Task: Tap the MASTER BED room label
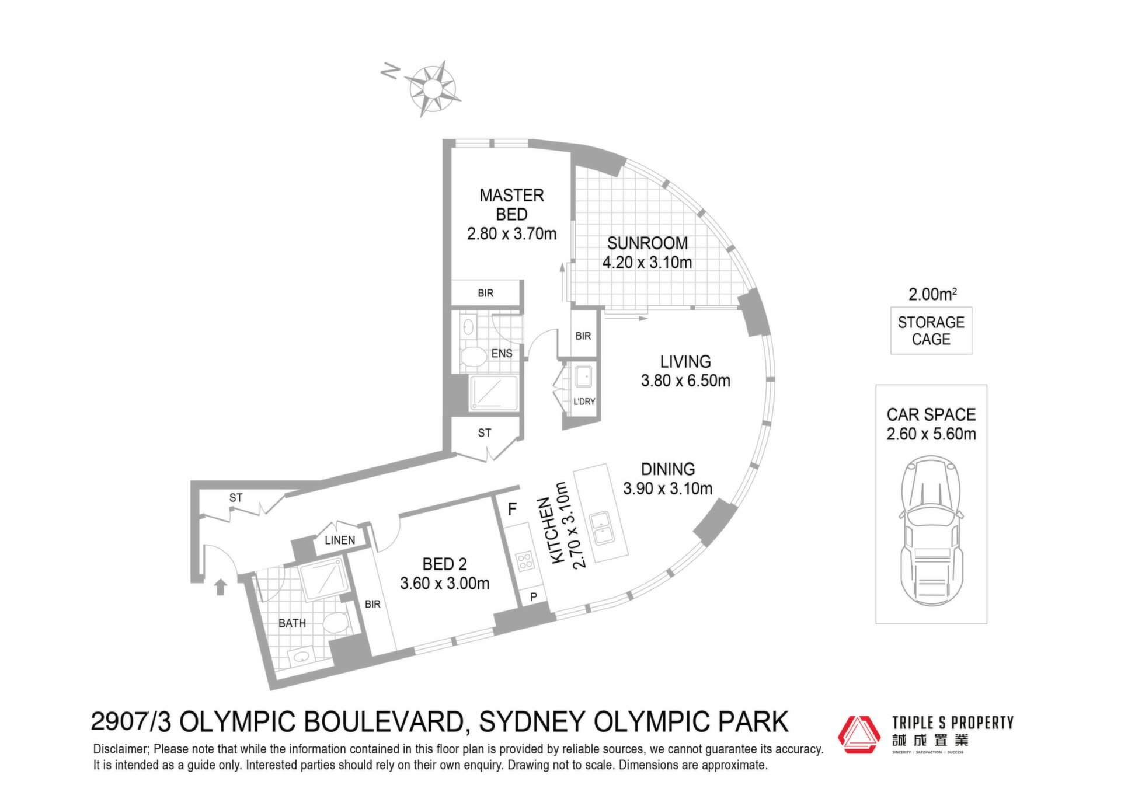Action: click(511, 204)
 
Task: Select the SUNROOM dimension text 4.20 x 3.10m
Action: click(647, 263)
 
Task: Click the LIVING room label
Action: click(685, 361)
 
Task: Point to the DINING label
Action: click(668, 469)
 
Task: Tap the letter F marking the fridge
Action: click(512, 510)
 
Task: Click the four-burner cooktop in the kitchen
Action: click(525, 561)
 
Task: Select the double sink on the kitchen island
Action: click(601, 528)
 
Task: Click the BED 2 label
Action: click(444, 564)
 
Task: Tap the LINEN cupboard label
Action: click(340, 540)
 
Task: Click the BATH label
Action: click(292, 623)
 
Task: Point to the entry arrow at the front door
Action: click(220, 587)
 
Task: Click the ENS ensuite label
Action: click(502, 354)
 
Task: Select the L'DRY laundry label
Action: click(584, 402)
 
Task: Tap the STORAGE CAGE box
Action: click(931, 330)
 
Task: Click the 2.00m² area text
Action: click(932, 294)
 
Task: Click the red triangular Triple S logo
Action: click(859, 734)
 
